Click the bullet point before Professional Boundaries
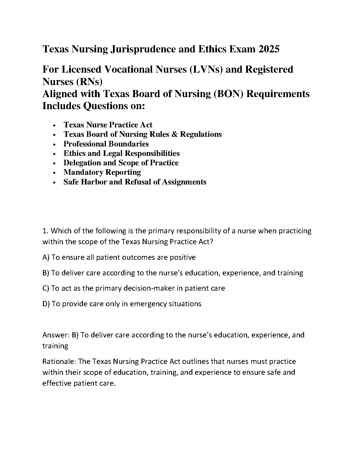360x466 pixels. pos(55,144)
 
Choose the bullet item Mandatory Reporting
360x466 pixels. pos(102,172)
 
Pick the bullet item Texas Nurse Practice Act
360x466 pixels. pos(108,125)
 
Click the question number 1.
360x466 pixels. pos(44,231)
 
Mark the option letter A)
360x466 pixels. pos(46,257)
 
